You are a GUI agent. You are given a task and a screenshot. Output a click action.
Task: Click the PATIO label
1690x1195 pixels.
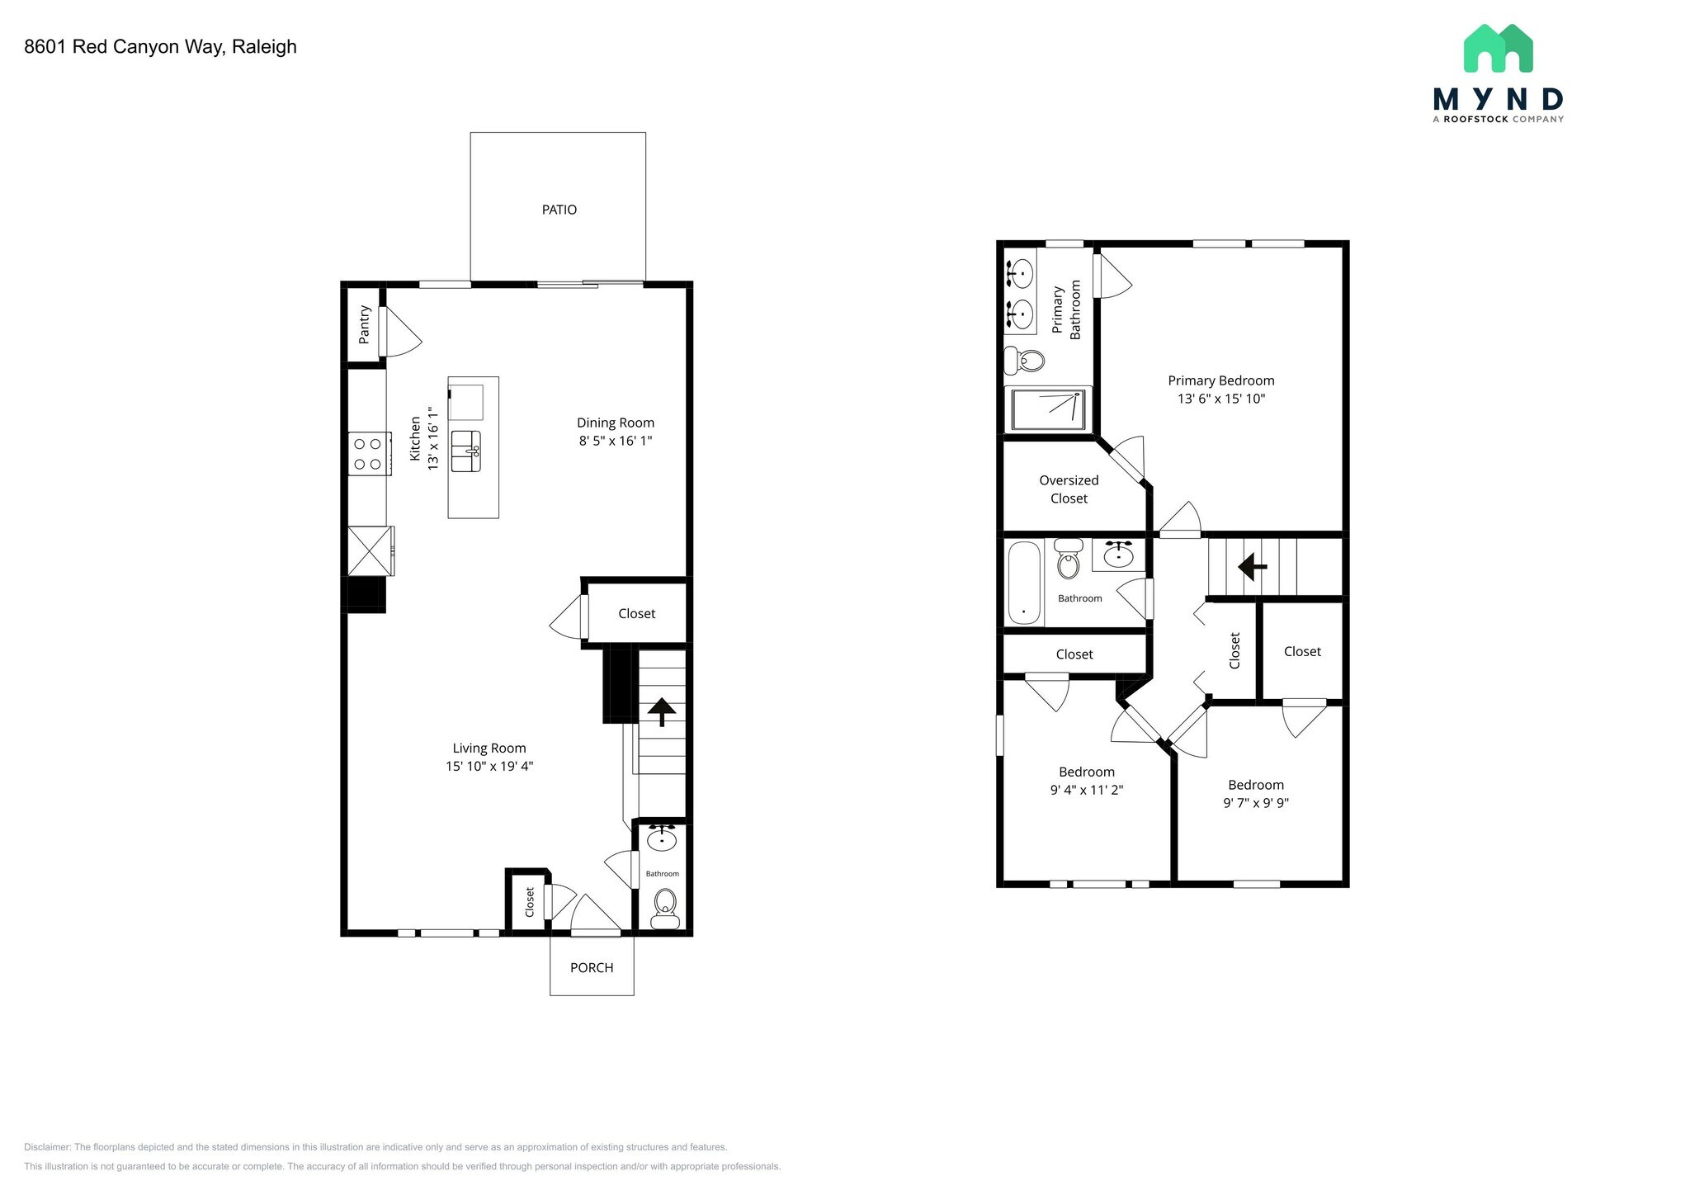click(x=559, y=210)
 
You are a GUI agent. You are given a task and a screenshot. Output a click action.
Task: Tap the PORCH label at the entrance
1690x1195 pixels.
click(x=592, y=967)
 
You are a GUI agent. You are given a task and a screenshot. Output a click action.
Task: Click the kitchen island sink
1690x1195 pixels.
click(x=466, y=451)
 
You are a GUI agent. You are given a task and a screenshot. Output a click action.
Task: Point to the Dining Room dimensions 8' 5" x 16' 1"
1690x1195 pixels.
click(x=616, y=441)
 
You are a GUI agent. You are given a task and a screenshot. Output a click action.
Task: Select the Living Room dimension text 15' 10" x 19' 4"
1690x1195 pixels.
click(x=489, y=766)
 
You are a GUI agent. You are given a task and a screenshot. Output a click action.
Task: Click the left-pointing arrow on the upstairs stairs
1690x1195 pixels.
click(x=1253, y=567)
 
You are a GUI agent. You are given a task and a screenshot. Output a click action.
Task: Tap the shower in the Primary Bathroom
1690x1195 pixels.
click(x=1048, y=409)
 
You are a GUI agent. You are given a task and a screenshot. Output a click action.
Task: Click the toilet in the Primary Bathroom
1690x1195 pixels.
click(x=1024, y=361)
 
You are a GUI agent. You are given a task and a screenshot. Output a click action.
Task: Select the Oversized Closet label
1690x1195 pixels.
click(x=1069, y=489)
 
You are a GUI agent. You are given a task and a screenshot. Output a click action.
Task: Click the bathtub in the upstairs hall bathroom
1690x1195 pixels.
click(x=1025, y=583)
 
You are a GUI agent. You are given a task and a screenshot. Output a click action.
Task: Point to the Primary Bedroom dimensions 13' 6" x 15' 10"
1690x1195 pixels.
click(x=1221, y=399)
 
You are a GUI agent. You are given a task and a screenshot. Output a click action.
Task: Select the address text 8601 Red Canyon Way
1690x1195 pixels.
click(x=124, y=47)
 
